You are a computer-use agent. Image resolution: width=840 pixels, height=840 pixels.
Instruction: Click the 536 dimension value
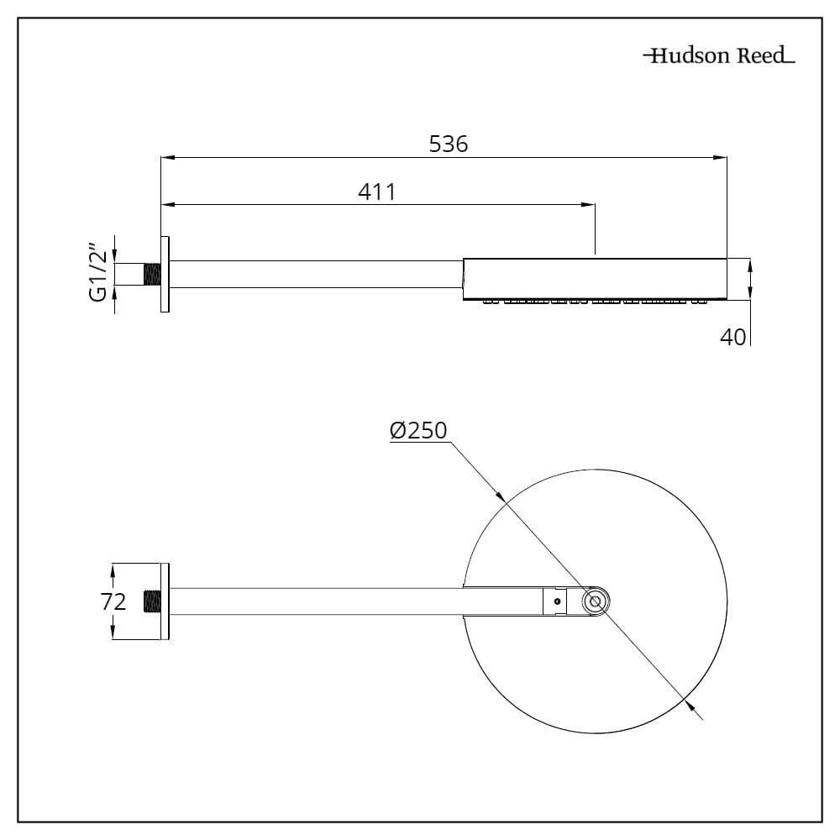click(x=448, y=144)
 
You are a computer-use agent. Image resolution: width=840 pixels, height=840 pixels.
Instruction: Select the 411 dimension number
click(x=376, y=192)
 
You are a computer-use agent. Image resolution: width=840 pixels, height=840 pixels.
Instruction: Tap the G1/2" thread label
click(x=98, y=274)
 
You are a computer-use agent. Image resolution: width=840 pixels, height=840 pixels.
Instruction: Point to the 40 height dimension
click(x=732, y=338)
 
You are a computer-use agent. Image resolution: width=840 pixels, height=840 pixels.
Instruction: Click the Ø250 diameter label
click(x=418, y=431)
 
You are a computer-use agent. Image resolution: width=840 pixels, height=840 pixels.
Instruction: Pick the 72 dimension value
click(x=114, y=601)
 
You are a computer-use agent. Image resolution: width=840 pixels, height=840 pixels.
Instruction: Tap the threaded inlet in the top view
click(x=152, y=601)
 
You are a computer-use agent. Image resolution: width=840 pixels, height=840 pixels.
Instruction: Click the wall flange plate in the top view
click(x=165, y=601)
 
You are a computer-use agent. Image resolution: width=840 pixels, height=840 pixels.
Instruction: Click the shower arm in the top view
click(x=353, y=601)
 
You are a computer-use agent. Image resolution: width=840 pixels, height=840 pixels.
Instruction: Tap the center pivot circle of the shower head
click(x=596, y=601)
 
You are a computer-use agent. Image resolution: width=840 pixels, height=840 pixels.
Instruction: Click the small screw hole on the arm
click(x=555, y=601)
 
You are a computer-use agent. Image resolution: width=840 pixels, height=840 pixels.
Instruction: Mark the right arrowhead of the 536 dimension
click(x=721, y=157)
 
